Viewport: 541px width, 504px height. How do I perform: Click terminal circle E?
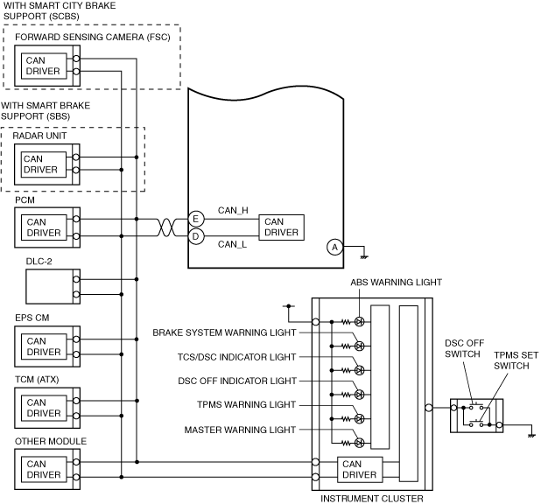coord(196,219)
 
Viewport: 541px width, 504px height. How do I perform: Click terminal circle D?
coord(196,236)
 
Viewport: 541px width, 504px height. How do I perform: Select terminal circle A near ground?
coord(334,247)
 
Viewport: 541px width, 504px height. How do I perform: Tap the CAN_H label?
coord(233,210)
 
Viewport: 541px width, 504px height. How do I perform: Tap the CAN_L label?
coord(232,244)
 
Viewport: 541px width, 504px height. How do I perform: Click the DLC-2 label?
coord(39,262)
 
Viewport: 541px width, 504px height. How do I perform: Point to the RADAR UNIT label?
coord(39,136)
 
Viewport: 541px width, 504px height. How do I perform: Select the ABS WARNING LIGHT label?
coord(396,282)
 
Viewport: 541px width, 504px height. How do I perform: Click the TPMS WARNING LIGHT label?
coord(246,404)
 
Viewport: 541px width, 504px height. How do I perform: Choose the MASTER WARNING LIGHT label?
coord(240,430)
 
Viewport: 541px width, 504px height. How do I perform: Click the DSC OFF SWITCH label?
coord(465,348)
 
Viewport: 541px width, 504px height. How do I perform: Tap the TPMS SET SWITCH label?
coord(516,360)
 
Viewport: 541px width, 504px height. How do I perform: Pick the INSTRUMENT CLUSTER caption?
coord(371,499)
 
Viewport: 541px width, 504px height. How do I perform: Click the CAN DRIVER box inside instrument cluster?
coord(360,469)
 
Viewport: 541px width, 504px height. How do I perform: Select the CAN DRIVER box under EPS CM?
coord(44,346)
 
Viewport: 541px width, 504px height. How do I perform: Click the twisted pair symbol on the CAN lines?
coord(166,227)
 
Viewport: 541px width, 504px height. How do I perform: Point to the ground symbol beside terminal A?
coord(364,257)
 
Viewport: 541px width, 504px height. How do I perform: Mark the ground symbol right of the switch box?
coord(531,436)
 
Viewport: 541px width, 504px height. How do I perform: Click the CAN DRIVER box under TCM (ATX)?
coord(44,408)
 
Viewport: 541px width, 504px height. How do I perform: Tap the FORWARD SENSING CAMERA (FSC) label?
coord(93,37)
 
